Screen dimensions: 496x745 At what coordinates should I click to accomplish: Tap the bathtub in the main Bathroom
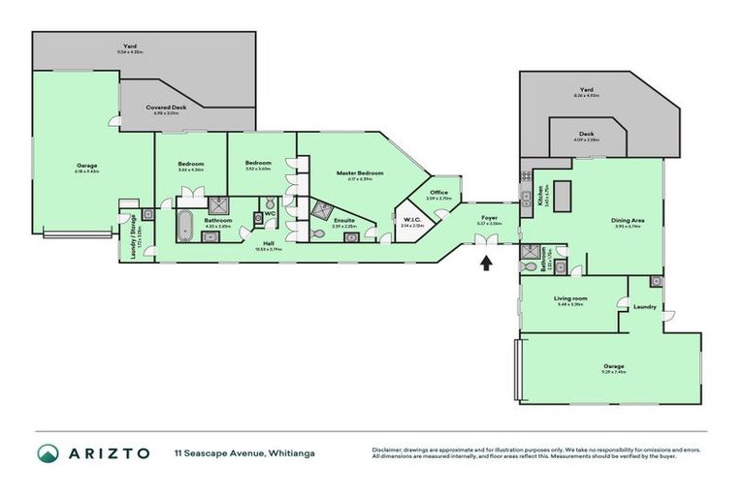(x=183, y=226)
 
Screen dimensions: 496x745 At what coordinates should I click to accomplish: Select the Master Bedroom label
(x=360, y=173)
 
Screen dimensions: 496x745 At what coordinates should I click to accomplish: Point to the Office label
(x=438, y=193)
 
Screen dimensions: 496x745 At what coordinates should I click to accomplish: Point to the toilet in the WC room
(x=258, y=219)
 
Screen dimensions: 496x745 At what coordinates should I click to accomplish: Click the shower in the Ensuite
(x=320, y=211)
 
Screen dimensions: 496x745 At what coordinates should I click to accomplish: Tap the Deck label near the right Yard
(x=586, y=135)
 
